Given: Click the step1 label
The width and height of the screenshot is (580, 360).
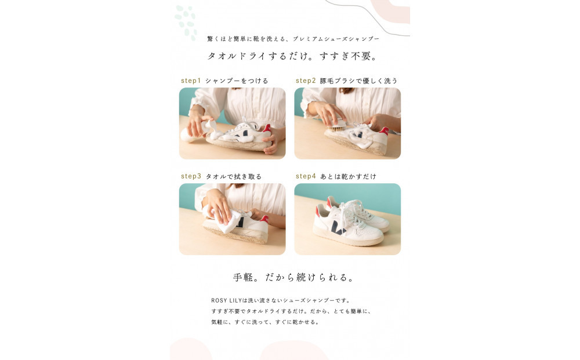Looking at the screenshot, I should click(x=190, y=81).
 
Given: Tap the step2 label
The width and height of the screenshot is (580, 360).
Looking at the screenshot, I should click(x=306, y=81).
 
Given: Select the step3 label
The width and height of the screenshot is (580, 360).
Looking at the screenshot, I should click(x=191, y=176).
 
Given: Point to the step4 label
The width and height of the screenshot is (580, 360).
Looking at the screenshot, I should click(x=306, y=176).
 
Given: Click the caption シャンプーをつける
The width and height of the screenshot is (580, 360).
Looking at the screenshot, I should click(x=237, y=81).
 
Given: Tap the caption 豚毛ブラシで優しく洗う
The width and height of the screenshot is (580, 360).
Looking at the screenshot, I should click(x=358, y=81).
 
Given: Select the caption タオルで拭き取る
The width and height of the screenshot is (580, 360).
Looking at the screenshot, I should click(x=234, y=176).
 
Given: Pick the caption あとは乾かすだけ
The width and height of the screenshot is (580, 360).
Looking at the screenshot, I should click(x=348, y=176).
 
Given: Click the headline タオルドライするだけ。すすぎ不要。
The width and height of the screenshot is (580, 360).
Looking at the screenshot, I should click(x=293, y=56).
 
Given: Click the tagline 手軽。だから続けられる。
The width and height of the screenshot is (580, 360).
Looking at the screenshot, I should click(x=293, y=277).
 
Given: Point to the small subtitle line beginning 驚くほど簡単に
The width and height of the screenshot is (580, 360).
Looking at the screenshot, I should click(x=293, y=39).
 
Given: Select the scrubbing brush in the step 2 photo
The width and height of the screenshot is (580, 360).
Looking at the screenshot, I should click(x=336, y=123).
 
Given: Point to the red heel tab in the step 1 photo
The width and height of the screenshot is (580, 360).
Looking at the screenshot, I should click(x=267, y=128).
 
